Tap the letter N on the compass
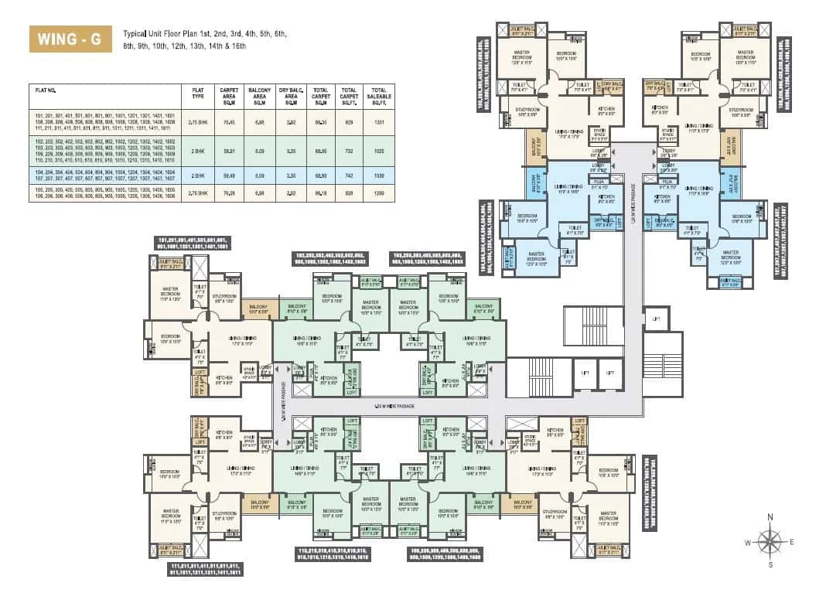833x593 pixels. (770, 518)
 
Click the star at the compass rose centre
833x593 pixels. (770, 541)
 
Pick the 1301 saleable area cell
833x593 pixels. (378, 121)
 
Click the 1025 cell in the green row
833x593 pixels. (378, 150)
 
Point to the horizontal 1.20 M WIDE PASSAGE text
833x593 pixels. (394, 405)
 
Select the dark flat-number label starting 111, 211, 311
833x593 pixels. (205, 569)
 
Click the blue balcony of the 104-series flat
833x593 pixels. (533, 184)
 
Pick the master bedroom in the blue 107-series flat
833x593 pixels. (730, 254)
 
